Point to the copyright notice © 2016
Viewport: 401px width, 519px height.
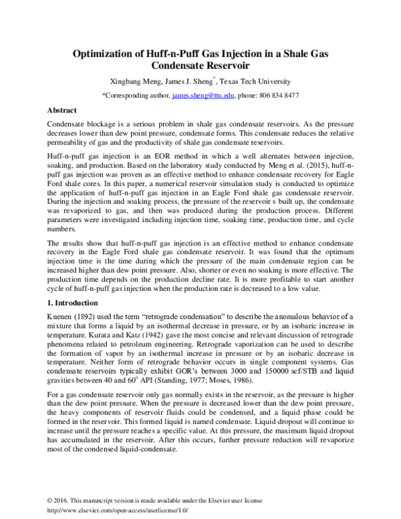click(x=61, y=500)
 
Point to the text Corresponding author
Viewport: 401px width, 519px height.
click(x=137, y=96)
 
